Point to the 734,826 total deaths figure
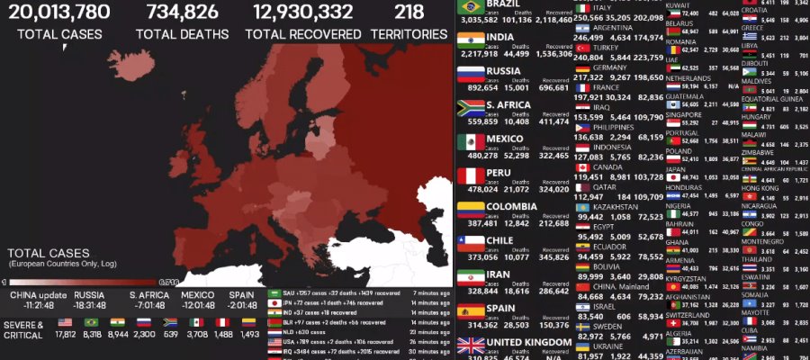(x=177, y=12)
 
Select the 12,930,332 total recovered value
(x=302, y=12)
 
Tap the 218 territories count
(x=409, y=12)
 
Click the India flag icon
(x=471, y=40)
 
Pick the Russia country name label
(x=504, y=70)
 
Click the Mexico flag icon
(x=471, y=142)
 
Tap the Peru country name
(x=499, y=172)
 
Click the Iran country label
(x=499, y=274)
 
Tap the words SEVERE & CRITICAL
(x=23, y=329)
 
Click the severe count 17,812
(x=65, y=335)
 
